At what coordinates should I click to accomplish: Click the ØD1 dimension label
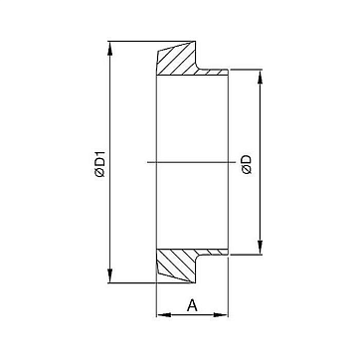pyautogui.click(x=99, y=164)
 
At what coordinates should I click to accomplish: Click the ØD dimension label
pyautogui.click(x=247, y=165)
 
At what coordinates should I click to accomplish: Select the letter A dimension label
pyautogui.click(x=192, y=305)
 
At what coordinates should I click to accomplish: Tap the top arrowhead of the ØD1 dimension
pyautogui.click(x=110, y=48)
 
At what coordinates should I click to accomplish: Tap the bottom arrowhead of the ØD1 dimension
pyautogui.click(x=110, y=275)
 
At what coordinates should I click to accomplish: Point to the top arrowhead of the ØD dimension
pyautogui.click(x=261, y=77)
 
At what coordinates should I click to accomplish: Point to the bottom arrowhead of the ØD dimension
pyautogui.click(x=261, y=248)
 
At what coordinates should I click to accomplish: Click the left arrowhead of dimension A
pyautogui.click(x=163, y=315)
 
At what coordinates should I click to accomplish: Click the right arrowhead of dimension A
pyautogui.click(x=221, y=315)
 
